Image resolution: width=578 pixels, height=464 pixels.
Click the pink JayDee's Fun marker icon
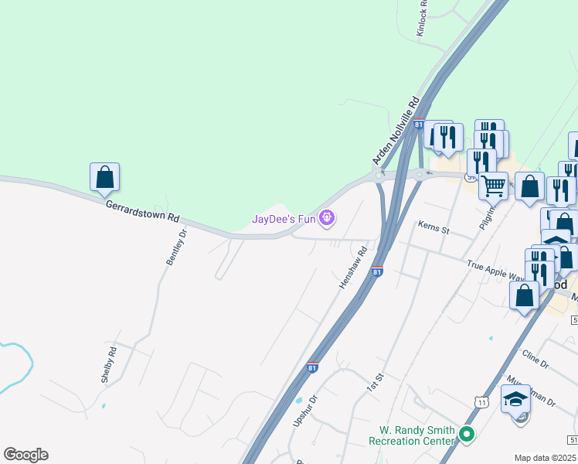[x=328, y=219]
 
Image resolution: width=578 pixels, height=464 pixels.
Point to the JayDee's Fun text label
[x=284, y=219]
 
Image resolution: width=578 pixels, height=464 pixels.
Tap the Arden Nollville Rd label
[x=395, y=130]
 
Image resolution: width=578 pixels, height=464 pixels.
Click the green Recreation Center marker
[x=466, y=435]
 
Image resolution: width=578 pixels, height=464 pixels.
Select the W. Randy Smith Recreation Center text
[x=411, y=435]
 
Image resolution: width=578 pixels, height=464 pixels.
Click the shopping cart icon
[x=494, y=185]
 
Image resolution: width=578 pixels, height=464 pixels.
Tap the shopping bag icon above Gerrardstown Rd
[x=104, y=177]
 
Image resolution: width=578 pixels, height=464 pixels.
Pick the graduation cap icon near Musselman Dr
[x=515, y=400]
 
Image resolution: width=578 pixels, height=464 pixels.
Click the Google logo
[x=25, y=455]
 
